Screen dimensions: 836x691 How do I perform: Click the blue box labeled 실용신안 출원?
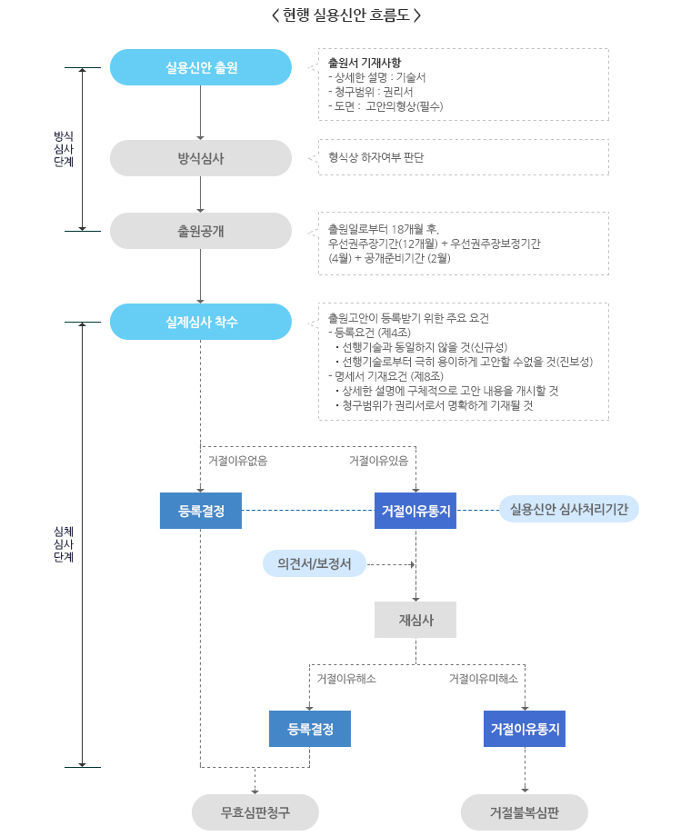[201, 67]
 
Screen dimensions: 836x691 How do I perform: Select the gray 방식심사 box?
[201, 158]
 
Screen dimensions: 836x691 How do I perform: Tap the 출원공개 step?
[201, 231]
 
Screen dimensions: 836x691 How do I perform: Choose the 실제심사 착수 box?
[201, 322]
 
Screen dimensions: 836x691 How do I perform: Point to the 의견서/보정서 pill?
[315, 564]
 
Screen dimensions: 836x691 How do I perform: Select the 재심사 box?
[416, 620]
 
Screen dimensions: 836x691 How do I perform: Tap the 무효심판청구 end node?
[255, 812]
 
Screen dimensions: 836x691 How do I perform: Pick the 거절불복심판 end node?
[525, 812]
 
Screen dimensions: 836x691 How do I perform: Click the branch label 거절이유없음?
[237, 461]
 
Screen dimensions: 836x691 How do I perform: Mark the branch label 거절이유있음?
[378, 461]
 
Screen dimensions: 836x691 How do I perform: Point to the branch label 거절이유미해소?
[484, 679]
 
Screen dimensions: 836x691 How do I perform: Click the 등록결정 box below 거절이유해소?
[310, 729]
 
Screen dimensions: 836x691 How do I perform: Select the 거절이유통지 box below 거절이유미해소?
[525, 729]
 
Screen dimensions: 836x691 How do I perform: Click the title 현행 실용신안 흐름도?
[346, 15]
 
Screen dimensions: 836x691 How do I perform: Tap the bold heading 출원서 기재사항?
[357, 63]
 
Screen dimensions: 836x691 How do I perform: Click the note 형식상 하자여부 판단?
[376, 157]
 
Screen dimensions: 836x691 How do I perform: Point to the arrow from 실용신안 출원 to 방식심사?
[201, 113]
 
